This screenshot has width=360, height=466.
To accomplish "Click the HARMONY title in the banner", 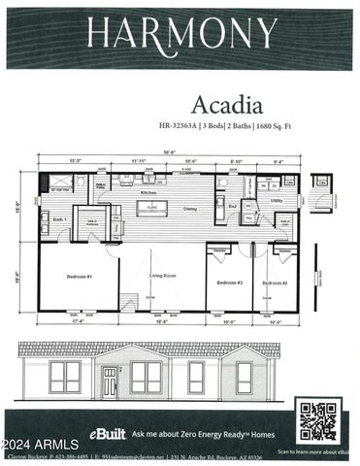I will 181,34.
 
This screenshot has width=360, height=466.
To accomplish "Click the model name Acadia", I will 223,104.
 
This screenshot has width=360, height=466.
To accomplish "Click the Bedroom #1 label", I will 79,277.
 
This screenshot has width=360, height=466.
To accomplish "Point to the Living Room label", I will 163,277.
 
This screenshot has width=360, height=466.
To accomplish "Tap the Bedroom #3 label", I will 229,283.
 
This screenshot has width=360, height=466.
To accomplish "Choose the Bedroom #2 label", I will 277,283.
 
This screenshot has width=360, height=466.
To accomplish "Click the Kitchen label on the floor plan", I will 148,193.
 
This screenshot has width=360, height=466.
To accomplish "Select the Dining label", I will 190,209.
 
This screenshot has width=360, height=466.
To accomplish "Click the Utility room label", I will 277,202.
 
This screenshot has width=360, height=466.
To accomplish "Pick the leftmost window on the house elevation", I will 64,378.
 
